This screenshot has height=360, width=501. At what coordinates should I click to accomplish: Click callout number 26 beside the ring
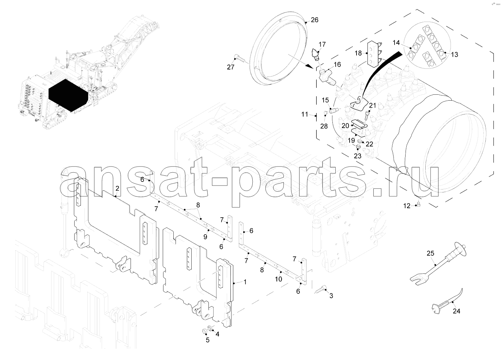[x=314, y=20]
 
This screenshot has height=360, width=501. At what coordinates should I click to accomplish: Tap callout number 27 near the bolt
[x=231, y=67]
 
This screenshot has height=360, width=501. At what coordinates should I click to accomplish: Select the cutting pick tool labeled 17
[x=316, y=55]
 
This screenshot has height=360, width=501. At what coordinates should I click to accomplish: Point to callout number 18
[x=358, y=53]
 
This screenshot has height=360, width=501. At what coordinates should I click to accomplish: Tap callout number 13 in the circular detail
[x=455, y=55]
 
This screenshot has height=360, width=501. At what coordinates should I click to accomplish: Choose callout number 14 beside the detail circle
[x=396, y=42]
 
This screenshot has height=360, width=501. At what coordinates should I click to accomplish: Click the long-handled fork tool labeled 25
[x=438, y=264]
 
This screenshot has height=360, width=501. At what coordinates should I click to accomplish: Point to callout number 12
[x=407, y=206]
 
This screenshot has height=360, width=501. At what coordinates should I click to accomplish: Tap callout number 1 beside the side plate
[x=245, y=282]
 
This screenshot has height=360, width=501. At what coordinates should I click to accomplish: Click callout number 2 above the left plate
[x=117, y=188]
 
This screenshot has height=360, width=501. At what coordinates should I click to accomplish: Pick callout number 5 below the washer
[x=208, y=340]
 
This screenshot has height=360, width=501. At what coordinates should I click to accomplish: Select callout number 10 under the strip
[x=278, y=279]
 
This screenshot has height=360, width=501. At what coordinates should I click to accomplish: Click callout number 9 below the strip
[x=205, y=237]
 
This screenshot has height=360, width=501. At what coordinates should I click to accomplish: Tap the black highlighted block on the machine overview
[x=68, y=95]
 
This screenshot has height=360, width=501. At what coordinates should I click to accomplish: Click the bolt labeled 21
[x=367, y=116]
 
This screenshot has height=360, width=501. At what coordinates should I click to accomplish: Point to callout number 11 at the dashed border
[x=305, y=115]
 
